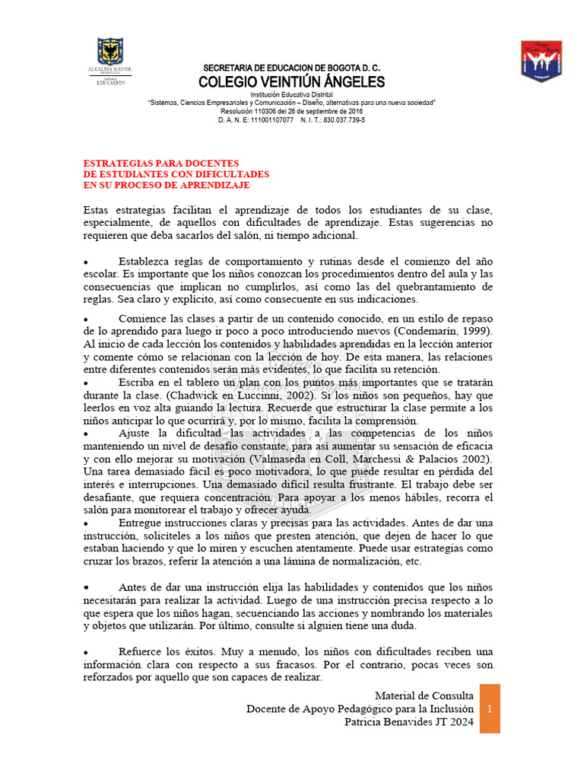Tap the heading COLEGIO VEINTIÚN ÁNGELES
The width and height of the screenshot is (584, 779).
tap(291, 82)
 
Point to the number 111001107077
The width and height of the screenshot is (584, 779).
tap(271, 120)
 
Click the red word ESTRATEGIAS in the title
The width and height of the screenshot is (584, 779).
tap(119, 163)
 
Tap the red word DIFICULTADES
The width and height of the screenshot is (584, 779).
tap(232, 174)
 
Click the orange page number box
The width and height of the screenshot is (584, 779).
tap(490, 708)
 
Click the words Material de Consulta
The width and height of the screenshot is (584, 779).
tap(425, 695)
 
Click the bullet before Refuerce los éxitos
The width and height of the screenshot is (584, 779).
tap(86, 652)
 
